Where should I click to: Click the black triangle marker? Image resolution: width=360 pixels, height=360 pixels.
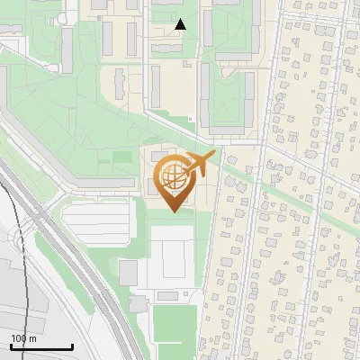coord(181,24)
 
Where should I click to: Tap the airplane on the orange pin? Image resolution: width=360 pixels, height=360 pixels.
coord(200,164)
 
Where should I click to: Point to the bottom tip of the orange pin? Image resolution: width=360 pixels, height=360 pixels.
coord(174,211)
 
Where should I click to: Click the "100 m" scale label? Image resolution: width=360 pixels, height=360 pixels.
coord(24,338)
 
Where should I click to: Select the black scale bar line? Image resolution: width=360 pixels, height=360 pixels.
coord(41,347)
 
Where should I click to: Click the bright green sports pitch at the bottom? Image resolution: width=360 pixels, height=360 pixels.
coord(174,324)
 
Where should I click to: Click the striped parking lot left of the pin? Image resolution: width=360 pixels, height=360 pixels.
coord(99,216)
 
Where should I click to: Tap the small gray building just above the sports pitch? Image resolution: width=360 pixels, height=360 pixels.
coord(167,296)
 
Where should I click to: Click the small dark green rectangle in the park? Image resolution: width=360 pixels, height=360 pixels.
coord(121,157)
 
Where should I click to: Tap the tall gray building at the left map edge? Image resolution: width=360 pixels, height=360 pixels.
coord(67,45)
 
